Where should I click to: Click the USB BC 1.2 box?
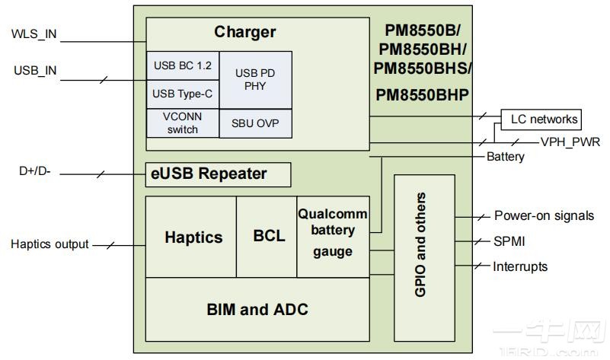[182, 65]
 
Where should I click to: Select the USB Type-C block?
[182, 94]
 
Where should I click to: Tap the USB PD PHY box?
[255, 80]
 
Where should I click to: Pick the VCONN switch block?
[182, 123]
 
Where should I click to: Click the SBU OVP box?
[255, 123]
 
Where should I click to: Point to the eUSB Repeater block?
[218, 174]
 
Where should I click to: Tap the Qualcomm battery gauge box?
[332, 232]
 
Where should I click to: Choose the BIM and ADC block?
[257, 309]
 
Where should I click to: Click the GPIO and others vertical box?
[423, 244]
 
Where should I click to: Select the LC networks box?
[540, 119]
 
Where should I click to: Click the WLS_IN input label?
[34, 34]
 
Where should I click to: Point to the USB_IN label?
[35, 71]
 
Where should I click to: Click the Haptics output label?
[50, 244]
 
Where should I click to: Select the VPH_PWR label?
[570, 142]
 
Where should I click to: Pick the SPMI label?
[509, 241]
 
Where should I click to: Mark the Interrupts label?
[520, 266]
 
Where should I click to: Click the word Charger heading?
[244, 33]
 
